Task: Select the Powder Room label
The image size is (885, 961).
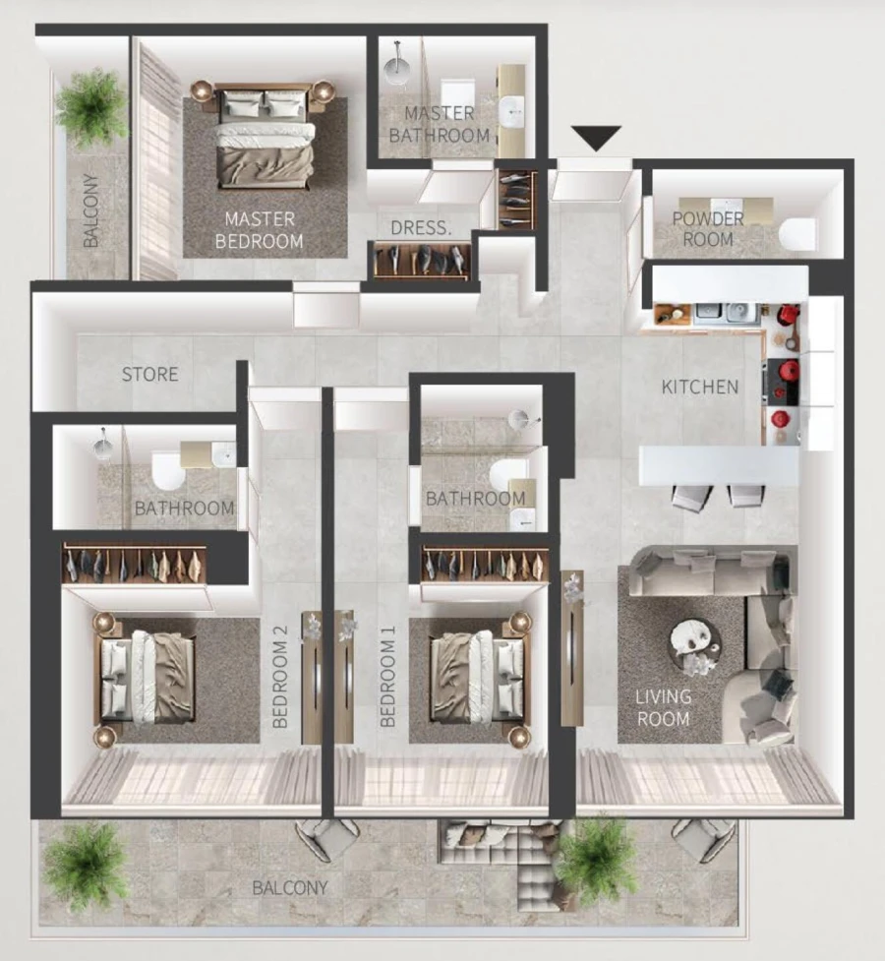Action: pyautogui.click(x=708, y=228)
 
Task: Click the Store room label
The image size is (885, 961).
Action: pyautogui.click(x=150, y=374)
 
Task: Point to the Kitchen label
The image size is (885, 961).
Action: pyautogui.click(x=699, y=387)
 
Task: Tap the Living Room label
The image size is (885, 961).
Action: pyautogui.click(x=663, y=707)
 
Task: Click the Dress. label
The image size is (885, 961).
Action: pyautogui.click(x=421, y=228)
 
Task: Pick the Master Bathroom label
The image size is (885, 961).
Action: pyautogui.click(x=440, y=124)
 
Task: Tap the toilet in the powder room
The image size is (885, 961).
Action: pyautogui.click(x=796, y=234)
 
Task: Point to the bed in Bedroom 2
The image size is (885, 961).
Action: pyautogui.click(x=147, y=676)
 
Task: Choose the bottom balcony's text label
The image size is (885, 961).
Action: pyautogui.click(x=290, y=887)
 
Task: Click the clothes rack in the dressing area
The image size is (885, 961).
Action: pyautogui.click(x=421, y=260)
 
